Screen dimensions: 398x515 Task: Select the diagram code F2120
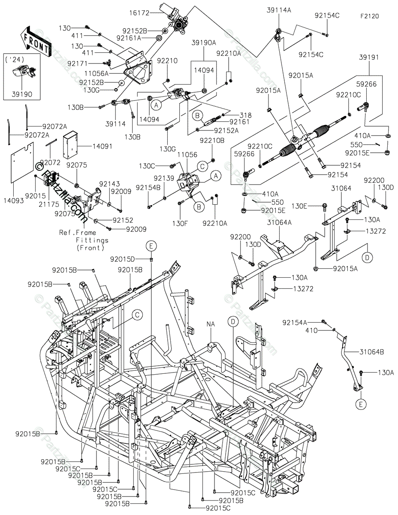click(x=370, y=16)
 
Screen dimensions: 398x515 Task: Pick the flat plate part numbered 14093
click(x=22, y=163)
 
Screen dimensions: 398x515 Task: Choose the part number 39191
click(x=369, y=58)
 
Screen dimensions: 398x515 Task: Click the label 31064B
click(x=372, y=352)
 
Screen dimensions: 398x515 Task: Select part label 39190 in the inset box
click(x=22, y=94)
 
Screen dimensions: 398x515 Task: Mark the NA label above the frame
click(x=211, y=324)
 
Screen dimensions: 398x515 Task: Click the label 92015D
click(x=122, y=259)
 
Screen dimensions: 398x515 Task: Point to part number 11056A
click(x=96, y=73)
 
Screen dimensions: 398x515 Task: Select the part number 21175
click(x=49, y=204)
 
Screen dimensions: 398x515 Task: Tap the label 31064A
click(x=279, y=223)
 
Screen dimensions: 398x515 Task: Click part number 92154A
click(x=295, y=323)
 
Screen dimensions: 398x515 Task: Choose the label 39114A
click(x=279, y=10)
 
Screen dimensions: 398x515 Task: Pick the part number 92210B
click(x=212, y=140)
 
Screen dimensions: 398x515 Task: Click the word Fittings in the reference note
click(x=92, y=240)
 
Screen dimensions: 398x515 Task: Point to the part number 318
click(x=246, y=115)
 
